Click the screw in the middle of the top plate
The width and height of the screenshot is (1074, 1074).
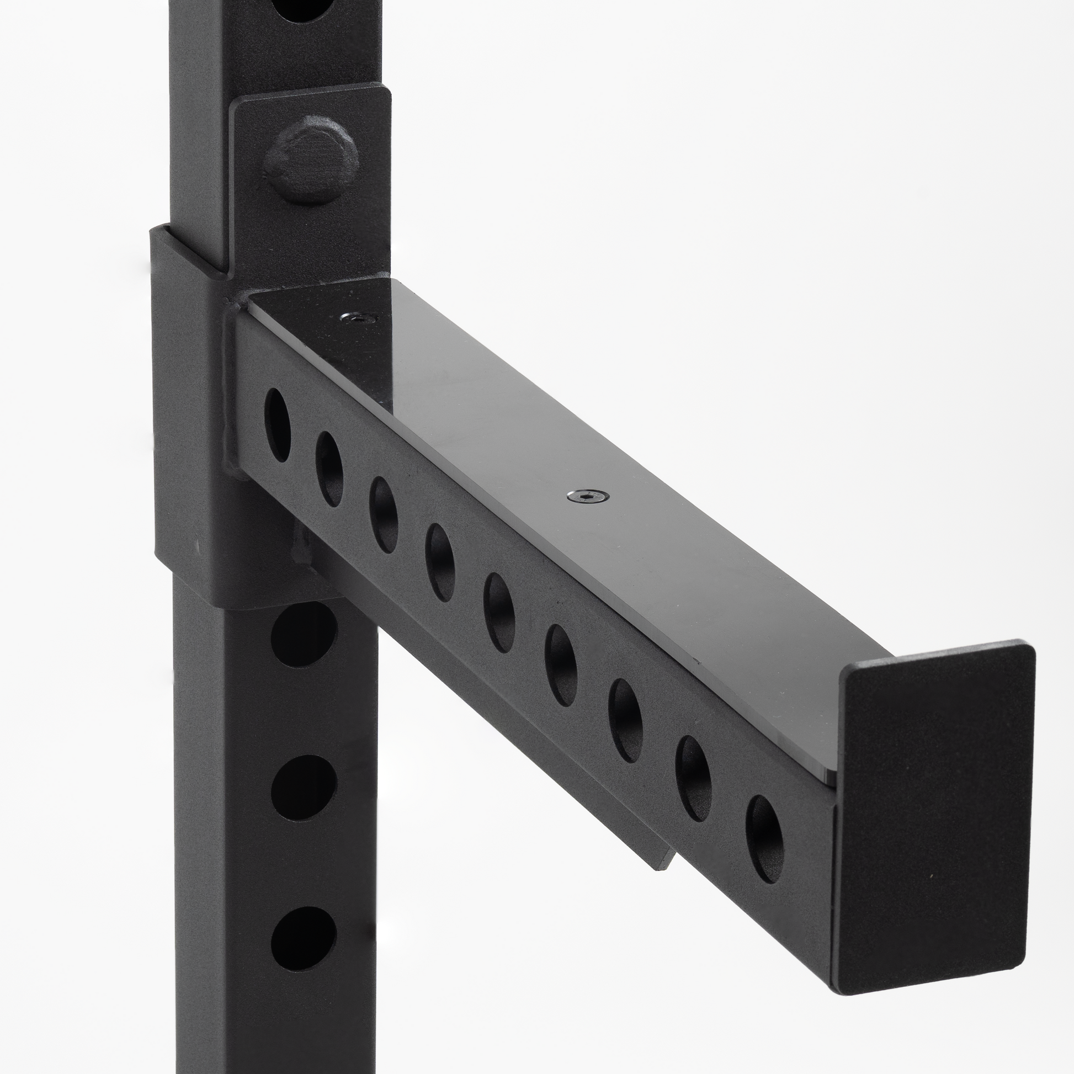[x=588, y=495]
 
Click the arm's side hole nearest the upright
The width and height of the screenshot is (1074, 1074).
[x=278, y=425]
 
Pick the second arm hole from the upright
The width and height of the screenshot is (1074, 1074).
[x=329, y=469]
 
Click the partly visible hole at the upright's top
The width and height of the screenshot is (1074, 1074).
[x=303, y=8]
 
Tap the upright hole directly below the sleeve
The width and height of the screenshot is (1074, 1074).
[x=304, y=635]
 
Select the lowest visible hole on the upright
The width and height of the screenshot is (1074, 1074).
[x=304, y=938]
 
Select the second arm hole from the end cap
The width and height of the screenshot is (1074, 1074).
[x=693, y=778]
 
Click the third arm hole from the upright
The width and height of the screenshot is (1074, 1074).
[x=384, y=515]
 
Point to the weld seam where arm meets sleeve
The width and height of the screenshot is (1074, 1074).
[x=230, y=389]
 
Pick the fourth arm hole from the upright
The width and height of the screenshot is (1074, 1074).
[x=440, y=562]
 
